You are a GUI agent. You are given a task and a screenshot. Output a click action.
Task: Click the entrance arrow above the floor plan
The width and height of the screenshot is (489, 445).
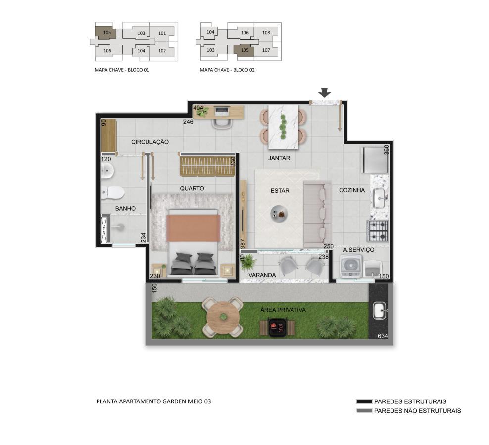pos(325,92)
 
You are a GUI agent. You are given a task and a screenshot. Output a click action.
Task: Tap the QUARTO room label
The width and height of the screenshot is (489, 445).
pos(192,188)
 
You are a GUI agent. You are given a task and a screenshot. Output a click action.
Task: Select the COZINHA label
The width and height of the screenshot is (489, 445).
pos(352,190)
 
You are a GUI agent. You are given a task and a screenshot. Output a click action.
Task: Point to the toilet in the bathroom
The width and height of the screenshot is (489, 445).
pos(112,193)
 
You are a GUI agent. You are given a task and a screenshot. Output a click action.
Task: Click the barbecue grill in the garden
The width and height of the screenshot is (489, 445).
pos(277,327)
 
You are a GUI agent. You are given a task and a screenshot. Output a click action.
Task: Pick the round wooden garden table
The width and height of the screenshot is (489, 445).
pos(223,317)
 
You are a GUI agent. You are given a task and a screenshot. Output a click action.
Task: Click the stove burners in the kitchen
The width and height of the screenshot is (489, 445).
pos(379,231)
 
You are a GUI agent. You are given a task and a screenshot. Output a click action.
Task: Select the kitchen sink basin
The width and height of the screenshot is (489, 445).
pos(379,198)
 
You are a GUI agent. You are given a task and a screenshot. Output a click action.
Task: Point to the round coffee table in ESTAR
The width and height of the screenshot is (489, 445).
pos(279,214)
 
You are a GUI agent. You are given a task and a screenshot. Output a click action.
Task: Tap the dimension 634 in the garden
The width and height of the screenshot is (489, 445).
pos(383,336)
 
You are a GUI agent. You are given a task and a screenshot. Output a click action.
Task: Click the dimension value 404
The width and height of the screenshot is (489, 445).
pos(198,108)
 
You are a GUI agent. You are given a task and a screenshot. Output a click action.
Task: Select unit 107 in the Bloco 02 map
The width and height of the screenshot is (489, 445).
pos(266,50)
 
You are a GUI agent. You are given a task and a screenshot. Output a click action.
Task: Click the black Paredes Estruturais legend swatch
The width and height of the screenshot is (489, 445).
pos(364,401)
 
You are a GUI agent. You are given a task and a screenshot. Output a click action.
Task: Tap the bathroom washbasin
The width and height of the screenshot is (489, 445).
pos(107,171)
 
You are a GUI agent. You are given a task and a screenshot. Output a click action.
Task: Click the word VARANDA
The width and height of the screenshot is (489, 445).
pos(262,275)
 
